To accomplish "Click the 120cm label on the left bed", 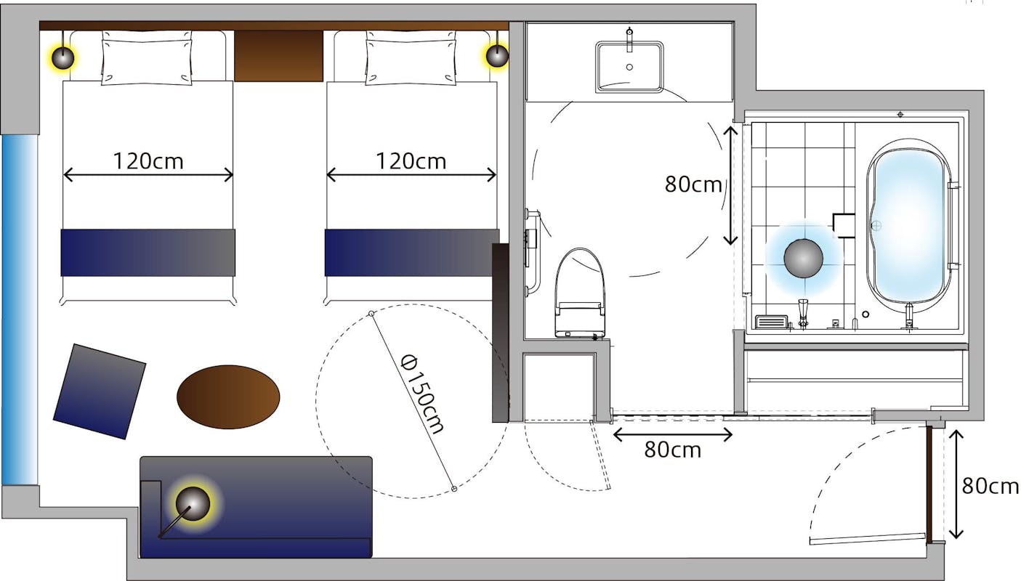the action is (x=148, y=161).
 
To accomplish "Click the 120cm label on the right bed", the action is (x=411, y=161).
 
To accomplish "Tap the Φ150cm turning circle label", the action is (x=421, y=394).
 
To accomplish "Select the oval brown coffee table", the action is (x=228, y=397).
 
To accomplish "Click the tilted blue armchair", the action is (x=100, y=391).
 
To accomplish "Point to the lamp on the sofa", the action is (x=193, y=503).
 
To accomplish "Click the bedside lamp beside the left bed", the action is (x=62, y=57).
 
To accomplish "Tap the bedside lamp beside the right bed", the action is (x=497, y=56).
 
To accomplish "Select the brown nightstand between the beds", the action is (x=278, y=56).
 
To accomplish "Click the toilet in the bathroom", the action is (x=580, y=293).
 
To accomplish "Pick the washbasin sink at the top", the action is (x=629, y=67).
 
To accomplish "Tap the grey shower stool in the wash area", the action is (x=803, y=258).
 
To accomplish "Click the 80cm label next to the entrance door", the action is (x=990, y=486).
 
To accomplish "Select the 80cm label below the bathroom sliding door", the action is (x=672, y=450).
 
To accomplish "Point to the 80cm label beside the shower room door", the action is (x=693, y=184).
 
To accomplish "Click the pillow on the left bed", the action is (x=146, y=58).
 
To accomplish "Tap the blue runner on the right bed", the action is (x=412, y=253).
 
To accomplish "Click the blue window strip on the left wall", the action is (x=20, y=310).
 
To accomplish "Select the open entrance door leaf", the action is (x=868, y=538).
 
